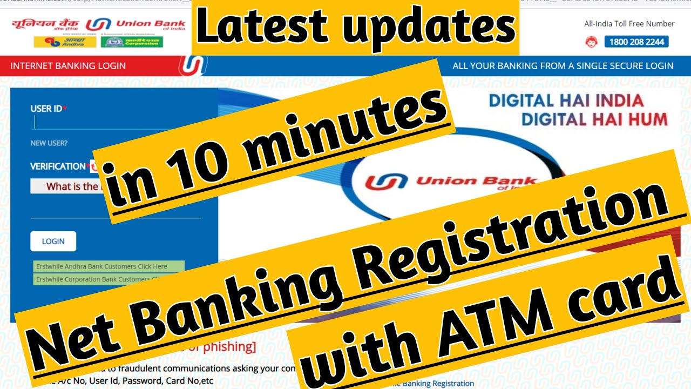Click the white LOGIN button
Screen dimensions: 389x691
click(53, 242)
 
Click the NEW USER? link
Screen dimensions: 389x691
click(49, 143)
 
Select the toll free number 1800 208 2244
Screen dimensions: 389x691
click(636, 42)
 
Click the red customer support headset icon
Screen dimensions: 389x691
click(591, 42)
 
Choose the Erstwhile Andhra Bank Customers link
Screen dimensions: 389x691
click(109, 266)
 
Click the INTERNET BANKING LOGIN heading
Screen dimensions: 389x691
click(68, 66)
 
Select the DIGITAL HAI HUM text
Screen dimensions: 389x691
click(594, 119)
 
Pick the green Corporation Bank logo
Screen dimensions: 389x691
click(132, 42)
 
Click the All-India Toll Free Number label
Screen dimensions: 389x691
click(629, 24)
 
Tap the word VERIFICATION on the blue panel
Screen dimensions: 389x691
click(58, 166)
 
